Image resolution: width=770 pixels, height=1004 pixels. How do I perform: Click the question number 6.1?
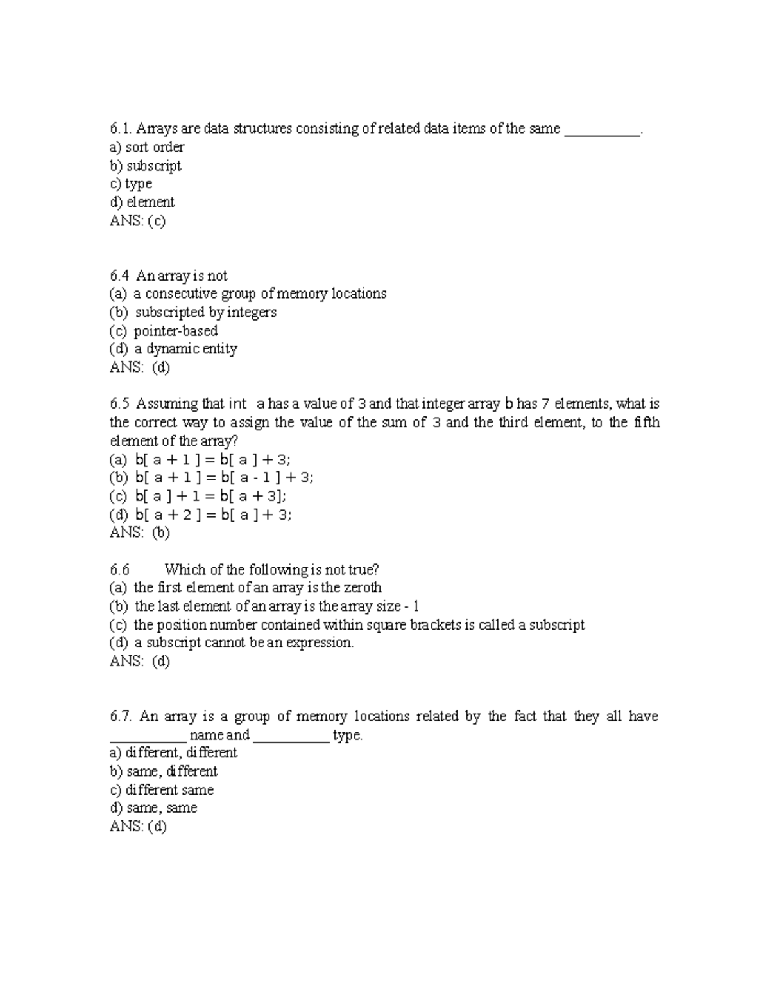[x=120, y=129]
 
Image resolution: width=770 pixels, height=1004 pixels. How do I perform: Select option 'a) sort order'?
[x=147, y=147]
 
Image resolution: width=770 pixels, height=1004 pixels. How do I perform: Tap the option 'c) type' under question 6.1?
[x=131, y=184]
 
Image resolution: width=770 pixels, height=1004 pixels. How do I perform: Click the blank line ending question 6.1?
[x=601, y=130]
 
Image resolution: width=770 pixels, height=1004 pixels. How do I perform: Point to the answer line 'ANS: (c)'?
[x=137, y=221]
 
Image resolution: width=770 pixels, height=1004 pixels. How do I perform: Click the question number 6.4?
[x=120, y=276]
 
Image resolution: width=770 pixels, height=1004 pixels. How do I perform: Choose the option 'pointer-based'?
[x=175, y=331]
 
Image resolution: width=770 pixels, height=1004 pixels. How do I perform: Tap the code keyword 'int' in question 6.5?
[x=237, y=405]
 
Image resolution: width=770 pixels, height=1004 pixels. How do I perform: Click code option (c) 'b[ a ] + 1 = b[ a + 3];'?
[x=210, y=496]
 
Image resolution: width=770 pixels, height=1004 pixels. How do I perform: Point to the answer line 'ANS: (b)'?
[x=140, y=533]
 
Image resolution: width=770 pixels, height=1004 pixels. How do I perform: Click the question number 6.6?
[x=120, y=570]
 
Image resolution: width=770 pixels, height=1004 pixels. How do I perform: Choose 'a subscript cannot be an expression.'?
[x=243, y=643]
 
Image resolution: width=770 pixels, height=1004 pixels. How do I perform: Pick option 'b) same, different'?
[x=164, y=771]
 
